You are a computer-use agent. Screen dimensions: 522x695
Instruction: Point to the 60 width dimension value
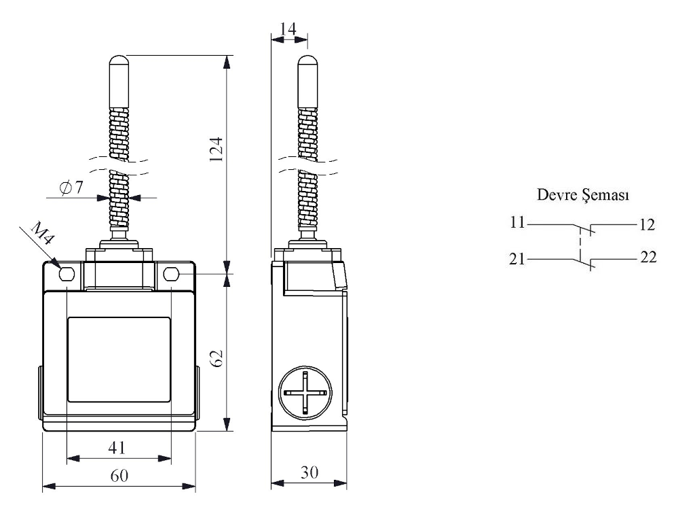[119, 475]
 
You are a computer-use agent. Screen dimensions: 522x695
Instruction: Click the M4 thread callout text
[41, 238]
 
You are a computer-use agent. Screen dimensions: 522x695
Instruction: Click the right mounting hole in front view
[171, 275]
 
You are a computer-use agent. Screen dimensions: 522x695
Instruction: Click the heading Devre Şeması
[583, 196]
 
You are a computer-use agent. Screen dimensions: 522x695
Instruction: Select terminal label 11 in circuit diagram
[518, 222]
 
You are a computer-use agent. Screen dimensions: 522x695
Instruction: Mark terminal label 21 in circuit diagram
[518, 259]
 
